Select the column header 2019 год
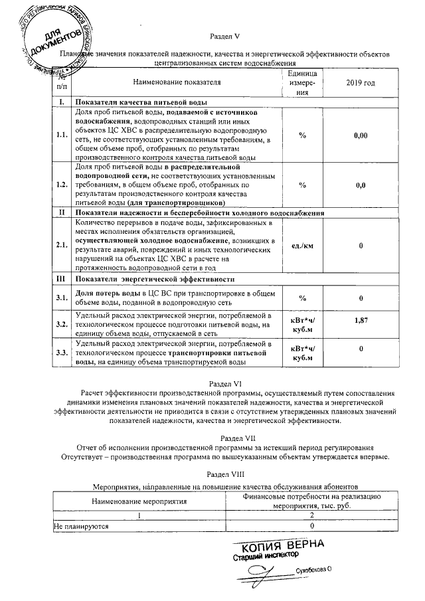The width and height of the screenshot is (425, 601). click(361, 83)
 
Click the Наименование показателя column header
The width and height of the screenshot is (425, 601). click(177, 83)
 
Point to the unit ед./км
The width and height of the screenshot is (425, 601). click(302, 245)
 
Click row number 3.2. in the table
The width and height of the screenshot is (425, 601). click(62, 324)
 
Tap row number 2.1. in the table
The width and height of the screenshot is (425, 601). click(62, 245)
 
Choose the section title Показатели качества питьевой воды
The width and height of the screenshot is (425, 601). click(142, 103)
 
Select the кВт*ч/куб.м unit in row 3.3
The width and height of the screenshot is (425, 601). click(302, 353)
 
